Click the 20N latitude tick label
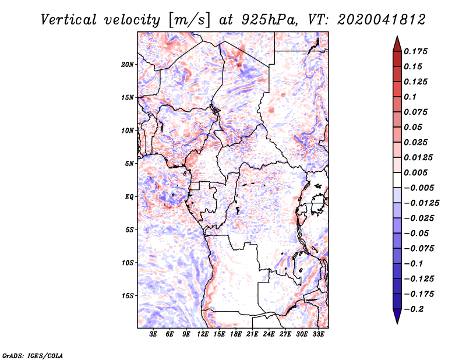(127, 64)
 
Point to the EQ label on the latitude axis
(129, 197)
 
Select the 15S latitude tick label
(127, 296)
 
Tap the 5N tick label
(129, 164)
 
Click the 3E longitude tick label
(153, 334)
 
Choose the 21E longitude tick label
(252, 334)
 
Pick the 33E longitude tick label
(318, 334)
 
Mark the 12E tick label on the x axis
(202, 334)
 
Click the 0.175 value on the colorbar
(415, 51)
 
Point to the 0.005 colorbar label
(415, 172)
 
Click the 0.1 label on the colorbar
(410, 97)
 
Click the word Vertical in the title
(69, 20)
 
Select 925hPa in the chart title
(270, 20)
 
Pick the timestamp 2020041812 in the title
(382, 20)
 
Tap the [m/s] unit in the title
(189, 20)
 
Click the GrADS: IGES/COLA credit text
(33, 355)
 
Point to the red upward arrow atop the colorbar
(397, 44)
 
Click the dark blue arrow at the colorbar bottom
(397, 316)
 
